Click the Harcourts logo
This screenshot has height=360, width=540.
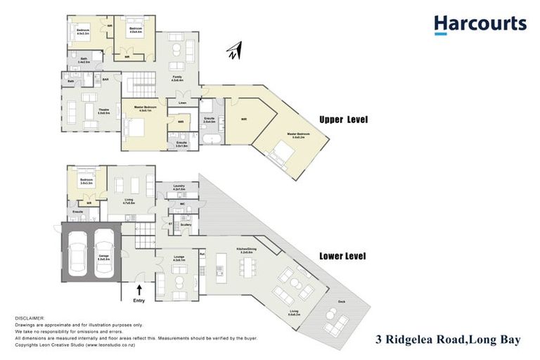coord(480,25)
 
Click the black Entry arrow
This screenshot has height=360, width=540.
coord(139,289)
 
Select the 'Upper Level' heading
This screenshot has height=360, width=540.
coord(343,120)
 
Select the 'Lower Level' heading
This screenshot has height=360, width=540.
coord(343,256)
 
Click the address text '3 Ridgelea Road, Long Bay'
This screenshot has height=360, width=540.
coord(447,340)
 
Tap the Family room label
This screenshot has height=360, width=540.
coord(176,79)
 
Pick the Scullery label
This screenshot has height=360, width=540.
coord(186,224)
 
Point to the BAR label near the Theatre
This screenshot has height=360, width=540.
coord(105,79)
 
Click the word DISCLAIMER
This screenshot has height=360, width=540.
coord(29,319)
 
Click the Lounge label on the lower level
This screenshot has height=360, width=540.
coord(179,257)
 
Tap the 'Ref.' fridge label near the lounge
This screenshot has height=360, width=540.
coord(202,254)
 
